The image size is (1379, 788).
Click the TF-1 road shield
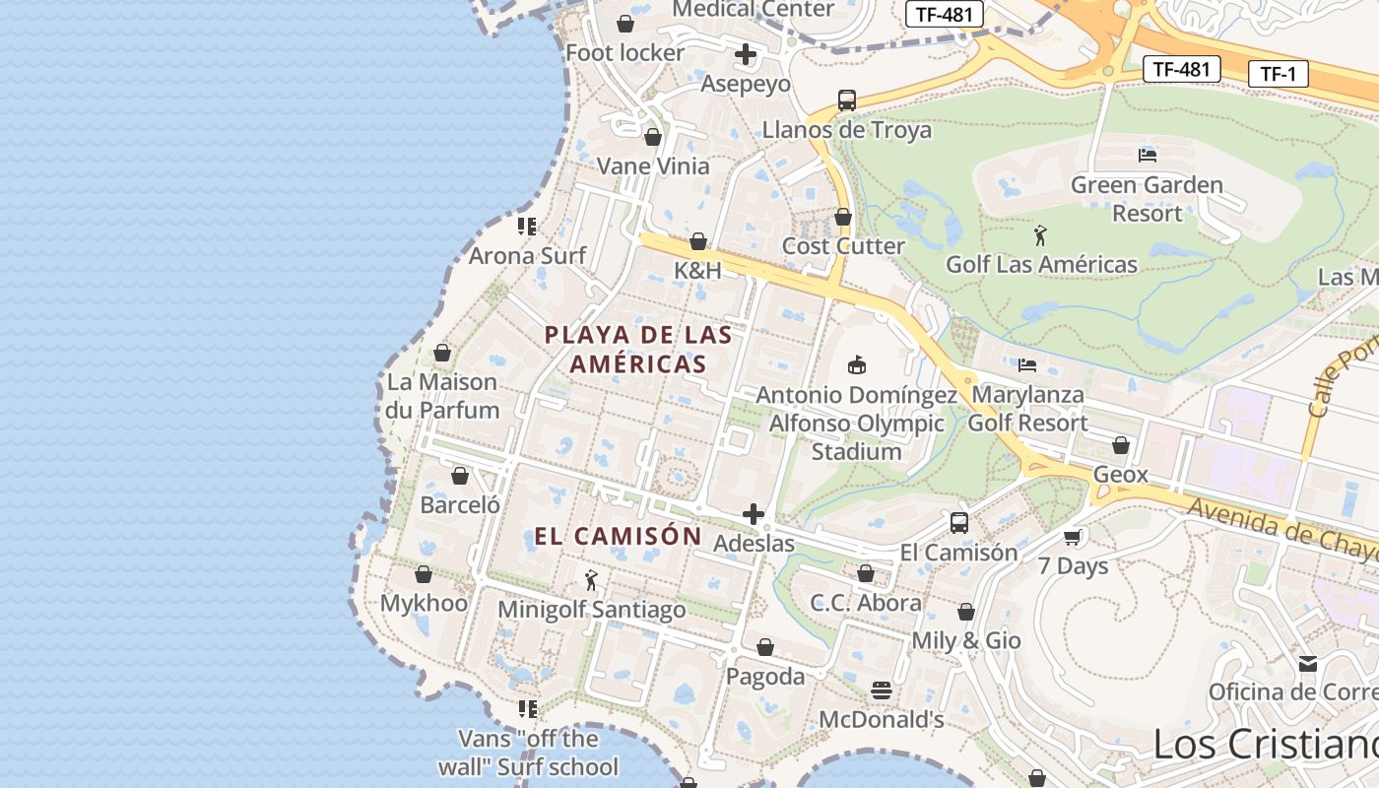click(x=1278, y=73)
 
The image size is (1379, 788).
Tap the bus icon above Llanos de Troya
click(x=847, y=99)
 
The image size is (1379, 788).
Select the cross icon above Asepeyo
click(x=746, y=54)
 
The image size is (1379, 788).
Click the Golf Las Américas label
click(x=1041, y=264)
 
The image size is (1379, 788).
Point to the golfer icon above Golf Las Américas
click(x=1041, y=235)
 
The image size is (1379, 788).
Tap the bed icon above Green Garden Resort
click(x=1147, y=155)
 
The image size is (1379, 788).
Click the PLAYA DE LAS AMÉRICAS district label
click(x=638, y=349)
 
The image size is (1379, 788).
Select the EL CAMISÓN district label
click(x=618, y=537)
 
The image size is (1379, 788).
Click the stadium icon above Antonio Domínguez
click(x=857, y=365)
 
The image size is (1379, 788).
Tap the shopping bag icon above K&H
click(x=698, y=241)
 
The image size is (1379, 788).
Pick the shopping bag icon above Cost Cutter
click(x=842, y=217)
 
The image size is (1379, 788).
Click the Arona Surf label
click(x=527, y=256)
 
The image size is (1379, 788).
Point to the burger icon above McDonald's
click(x=882, y=689)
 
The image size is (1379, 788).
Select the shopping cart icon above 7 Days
click(x=1073, y=537)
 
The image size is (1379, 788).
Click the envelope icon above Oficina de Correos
click(x=1308, y=664)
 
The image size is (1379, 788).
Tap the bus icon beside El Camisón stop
click(x=959, y=523)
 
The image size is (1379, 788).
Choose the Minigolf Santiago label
click(x=591, y=610)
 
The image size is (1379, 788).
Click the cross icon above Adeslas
click(x=754, y=514)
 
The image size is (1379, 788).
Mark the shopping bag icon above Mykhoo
click(x=424, y=574)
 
